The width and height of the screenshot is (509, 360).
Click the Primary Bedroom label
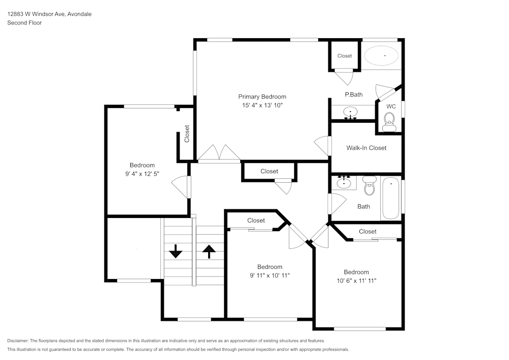pos(262,97)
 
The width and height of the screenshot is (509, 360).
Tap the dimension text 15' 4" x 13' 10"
pos(262,105)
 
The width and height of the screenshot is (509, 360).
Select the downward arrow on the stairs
pos(176,251)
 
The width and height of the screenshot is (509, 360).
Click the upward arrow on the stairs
pos(209,251)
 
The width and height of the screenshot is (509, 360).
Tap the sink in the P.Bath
pos(351,112)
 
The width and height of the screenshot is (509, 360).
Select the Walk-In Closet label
pos(366,148)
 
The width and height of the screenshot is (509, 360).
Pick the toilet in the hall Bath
pos(369,186)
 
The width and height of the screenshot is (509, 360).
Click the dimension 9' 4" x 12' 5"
pos(142,174)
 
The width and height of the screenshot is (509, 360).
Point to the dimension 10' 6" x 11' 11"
pos(356,281)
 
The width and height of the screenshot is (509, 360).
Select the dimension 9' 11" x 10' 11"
pos(269,275)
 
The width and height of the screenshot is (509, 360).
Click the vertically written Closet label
pos(187,134)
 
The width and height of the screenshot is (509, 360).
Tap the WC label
pos(391,106)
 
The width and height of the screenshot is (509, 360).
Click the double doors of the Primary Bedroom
pos(219,154)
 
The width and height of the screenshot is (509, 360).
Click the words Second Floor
pos(24,23)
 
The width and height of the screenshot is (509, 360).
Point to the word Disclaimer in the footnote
pos(18,341)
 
